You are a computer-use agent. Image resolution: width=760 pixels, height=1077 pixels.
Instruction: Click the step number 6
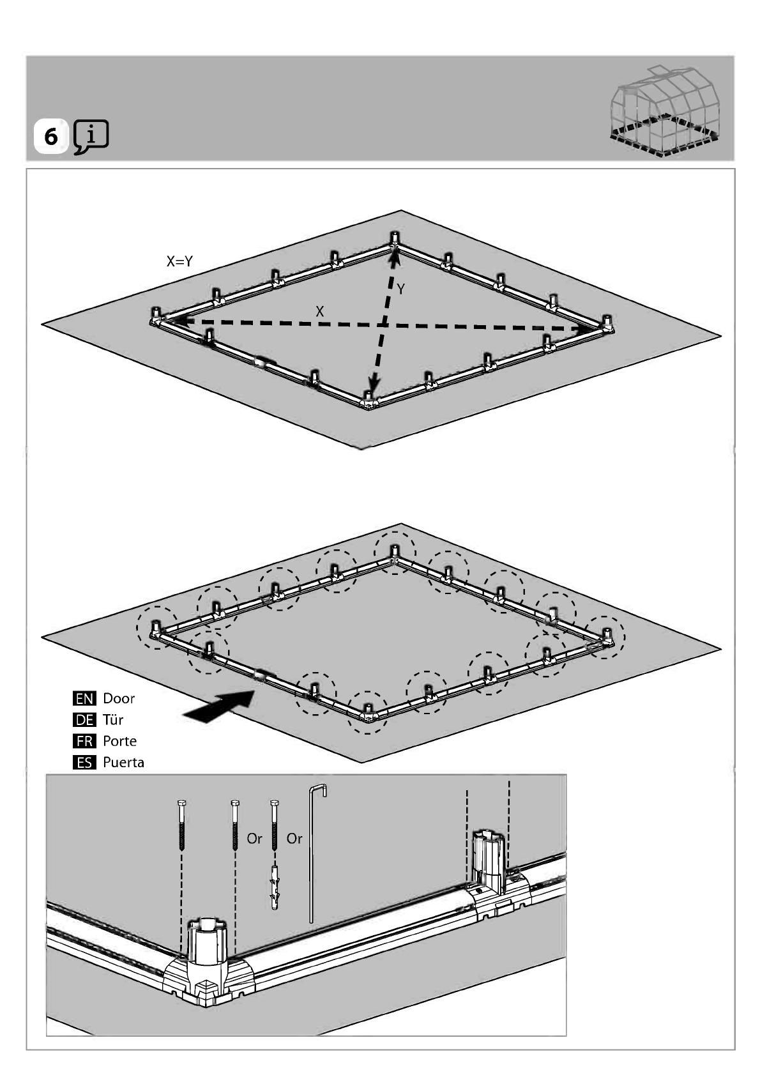click(51, 137)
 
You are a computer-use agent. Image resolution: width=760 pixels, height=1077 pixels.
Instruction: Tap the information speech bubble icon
click(91, 137)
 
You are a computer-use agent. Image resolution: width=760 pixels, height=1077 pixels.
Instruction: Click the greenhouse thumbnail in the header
click(665, 112)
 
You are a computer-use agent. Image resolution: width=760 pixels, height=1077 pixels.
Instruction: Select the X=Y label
click(179, 261)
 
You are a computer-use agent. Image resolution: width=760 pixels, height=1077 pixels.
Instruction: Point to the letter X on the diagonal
click(320, 312)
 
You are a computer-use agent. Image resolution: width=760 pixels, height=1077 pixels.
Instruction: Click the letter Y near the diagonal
click(401, 289)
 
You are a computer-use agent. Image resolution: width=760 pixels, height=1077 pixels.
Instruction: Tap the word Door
click(119, 698)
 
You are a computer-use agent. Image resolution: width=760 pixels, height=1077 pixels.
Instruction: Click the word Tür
click(113, 720)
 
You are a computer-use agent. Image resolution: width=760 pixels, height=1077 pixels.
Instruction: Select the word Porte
click(119, 741)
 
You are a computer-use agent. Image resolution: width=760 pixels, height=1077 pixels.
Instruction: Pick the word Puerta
click(123, 763)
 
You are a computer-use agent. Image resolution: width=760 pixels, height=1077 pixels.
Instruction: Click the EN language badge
click(84, 699)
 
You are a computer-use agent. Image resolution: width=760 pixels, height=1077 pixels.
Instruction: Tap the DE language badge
click(84, 720)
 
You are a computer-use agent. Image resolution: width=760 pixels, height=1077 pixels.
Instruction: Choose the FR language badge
click(84, 741)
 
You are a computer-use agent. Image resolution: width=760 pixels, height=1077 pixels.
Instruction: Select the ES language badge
click(84, 763)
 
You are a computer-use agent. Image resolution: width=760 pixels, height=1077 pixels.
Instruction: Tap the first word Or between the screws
click(254, 839)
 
